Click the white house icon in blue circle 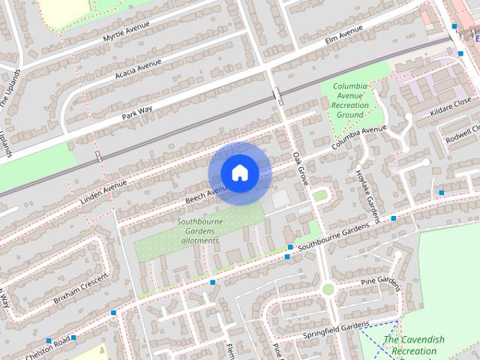click(239, 173)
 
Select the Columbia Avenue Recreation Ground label click(350, 100)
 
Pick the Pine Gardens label click(381, 281)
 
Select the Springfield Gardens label click(336, 328)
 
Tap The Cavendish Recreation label click(414, 345)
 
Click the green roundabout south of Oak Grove click(328, 289)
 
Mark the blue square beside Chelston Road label click(73, 337)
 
